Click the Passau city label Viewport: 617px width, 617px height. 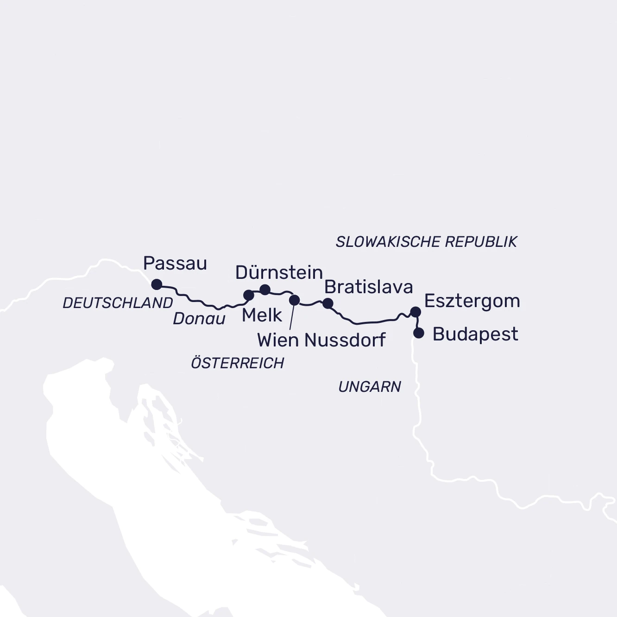(x=175, y=264)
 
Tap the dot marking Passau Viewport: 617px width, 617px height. (x=157, y=284)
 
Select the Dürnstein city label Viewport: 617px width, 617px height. (x=279, y=272)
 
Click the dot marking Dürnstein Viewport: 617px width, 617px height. (x=265, y=290)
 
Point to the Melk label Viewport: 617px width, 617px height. (x=262, y=315)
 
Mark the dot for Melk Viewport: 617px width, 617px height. (x=249, y=295)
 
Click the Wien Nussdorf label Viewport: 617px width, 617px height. (x=321, y=340)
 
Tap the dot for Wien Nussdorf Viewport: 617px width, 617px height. (x=294, y=300)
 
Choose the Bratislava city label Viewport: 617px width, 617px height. (x=368, y=287)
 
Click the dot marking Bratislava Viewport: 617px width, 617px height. (x=327, y=303)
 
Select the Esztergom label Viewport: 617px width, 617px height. (x=472, y=301)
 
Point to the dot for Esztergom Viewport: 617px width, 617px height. (x=416, y=312)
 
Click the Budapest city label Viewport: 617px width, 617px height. (x=475, y=334)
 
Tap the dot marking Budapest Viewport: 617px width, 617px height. (x=419, y=333)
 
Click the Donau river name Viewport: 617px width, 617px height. (x=199, y=319)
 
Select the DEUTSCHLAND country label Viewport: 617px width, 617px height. (x=118, y=303)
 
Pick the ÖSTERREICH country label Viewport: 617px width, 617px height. (x=237, y=363)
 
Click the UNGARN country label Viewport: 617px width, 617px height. (x=370, y=387)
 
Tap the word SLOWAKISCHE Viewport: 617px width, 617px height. (x=388, y=242)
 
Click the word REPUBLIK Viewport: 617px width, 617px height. (x=481, y=242)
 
